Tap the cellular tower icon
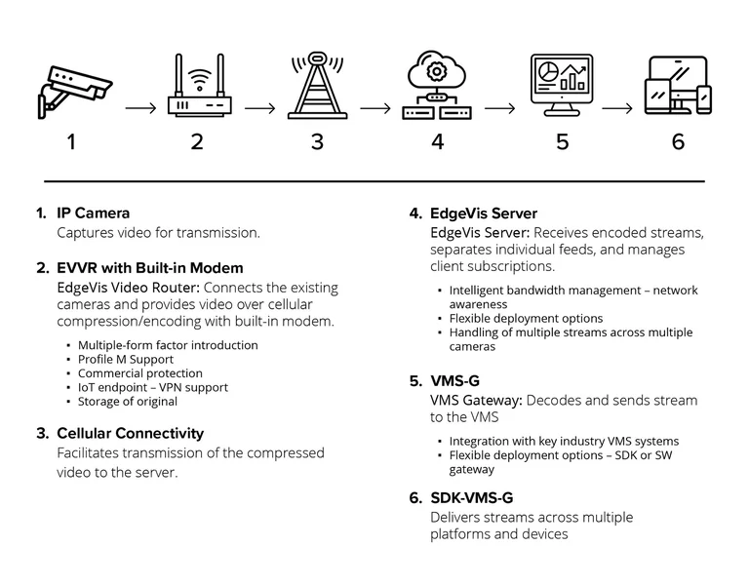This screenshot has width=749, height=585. [318, 88]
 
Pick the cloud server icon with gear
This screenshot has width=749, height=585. [438, 88]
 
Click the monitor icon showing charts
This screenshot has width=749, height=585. [561, 86]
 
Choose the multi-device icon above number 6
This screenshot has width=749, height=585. [678, 88]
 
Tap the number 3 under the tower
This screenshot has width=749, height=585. [317, 141]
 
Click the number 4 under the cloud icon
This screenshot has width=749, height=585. [438, 141]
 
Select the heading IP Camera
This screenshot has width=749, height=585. [93, 213]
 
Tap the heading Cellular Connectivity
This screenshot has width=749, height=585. [130, 433]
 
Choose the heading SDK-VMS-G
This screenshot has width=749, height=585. [471, 497]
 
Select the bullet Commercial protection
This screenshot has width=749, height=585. [140, 372]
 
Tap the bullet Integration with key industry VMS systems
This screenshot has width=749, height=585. [564, 442]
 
